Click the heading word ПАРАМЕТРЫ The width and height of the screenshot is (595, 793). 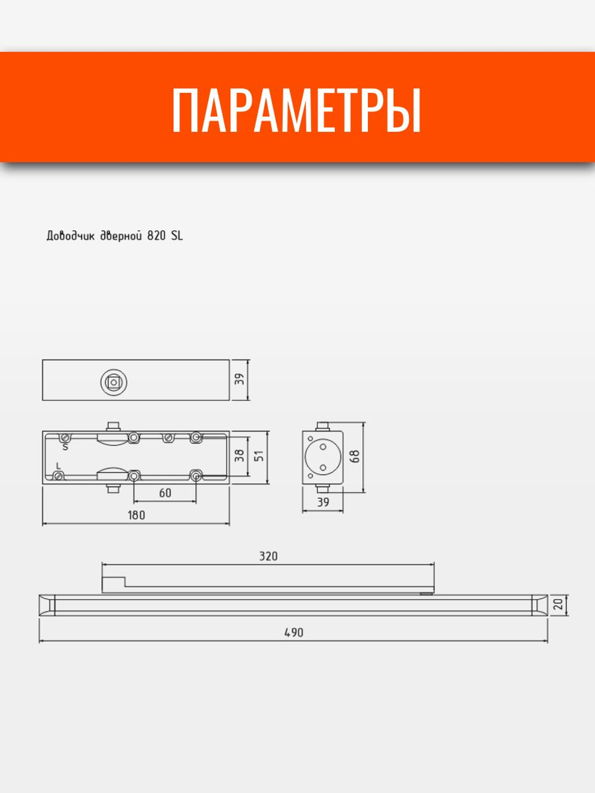pyautogui.click(x=296, y=111)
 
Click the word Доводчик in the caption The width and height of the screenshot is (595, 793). pyautogui.click(x=70, y=236)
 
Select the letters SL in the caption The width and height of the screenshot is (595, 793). pyautogui.click(x=177, y=236)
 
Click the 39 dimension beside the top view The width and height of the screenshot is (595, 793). pyautogui.click(x=239, y=380)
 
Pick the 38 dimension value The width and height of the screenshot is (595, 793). pyautogui.click(x=239, y=456)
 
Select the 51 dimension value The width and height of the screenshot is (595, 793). pyautogui.click(x=259, y=456)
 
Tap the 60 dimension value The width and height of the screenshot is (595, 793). pyautogui.click(x=165, y=493)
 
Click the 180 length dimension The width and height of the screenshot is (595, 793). pyautogui.click(x=136, y=515)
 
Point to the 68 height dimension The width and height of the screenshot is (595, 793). pyautogui.click(x=355, y=457)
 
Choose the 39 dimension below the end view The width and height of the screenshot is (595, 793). pyautogui.click(x=322, y=503)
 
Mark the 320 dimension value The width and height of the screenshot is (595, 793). pyautogui.click(x=268, y=557)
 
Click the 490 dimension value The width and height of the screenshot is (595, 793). pyautogui.click(x=293, y=632)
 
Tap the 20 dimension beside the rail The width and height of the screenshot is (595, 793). pyautogui.click(x=558, y=604)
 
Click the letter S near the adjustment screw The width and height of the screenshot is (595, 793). pyautogui.click(x=65, y=447)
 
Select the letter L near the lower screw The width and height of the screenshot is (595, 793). pyautogui.click(x=58, y=465)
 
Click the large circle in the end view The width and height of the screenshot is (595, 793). pyautogui.click(x=322, y=457)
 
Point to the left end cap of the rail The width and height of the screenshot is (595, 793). pyautogui.click(x=46, y=604)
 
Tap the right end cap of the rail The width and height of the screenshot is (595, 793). pyautogui.click(x=539, y=604)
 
